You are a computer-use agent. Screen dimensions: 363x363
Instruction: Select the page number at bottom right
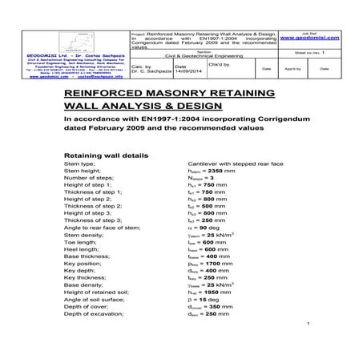coord(308,345)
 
